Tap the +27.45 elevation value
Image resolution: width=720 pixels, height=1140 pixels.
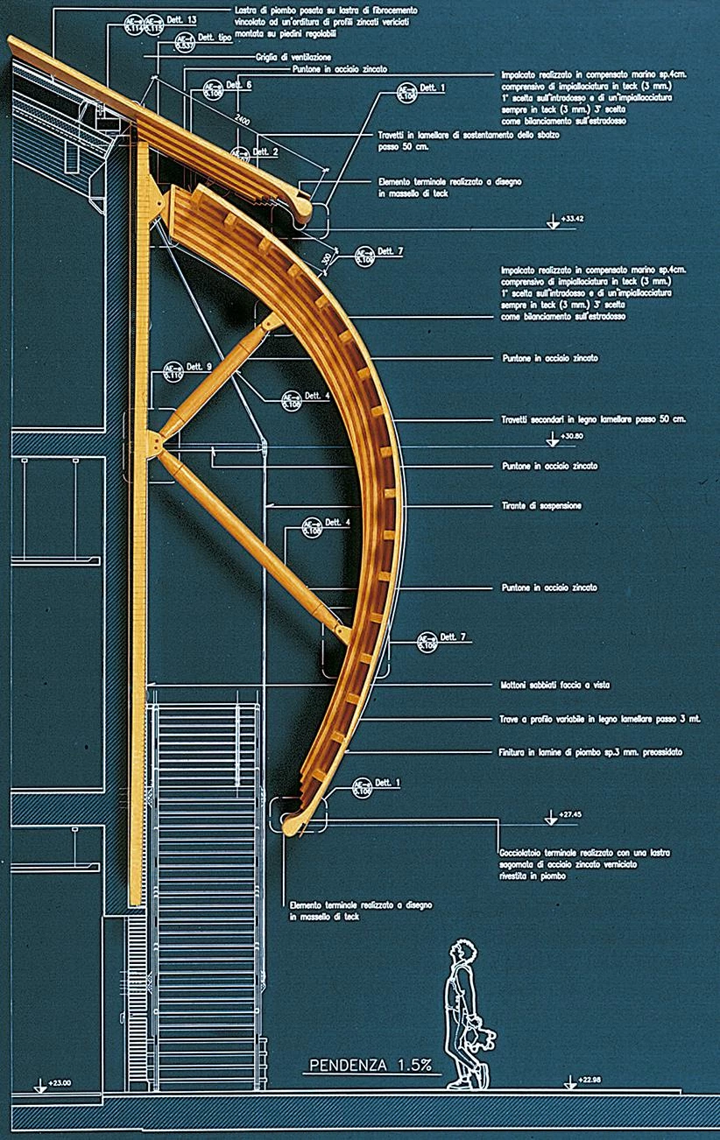click(573, 813)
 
